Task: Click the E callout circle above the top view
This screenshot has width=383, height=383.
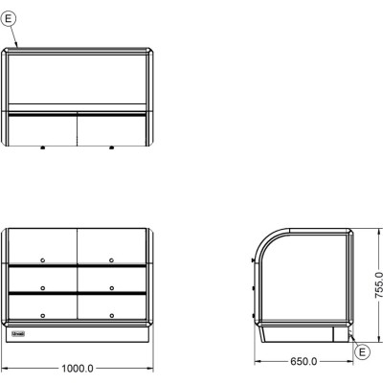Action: (9, 18)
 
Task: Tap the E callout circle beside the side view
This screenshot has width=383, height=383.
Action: (362, 352)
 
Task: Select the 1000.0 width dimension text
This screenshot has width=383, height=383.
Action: (78, 369)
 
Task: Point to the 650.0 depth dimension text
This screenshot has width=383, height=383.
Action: (304, 361)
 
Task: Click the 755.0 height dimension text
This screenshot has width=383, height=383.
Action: (378, 285)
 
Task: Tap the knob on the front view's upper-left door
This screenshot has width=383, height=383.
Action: (43, 260)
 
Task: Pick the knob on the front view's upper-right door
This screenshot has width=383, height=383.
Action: (111, 260)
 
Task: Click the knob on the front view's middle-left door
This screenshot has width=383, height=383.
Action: (43, 288)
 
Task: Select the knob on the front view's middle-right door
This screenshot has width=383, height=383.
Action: (111, 288)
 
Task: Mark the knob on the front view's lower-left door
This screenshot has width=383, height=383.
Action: (43, 316)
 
